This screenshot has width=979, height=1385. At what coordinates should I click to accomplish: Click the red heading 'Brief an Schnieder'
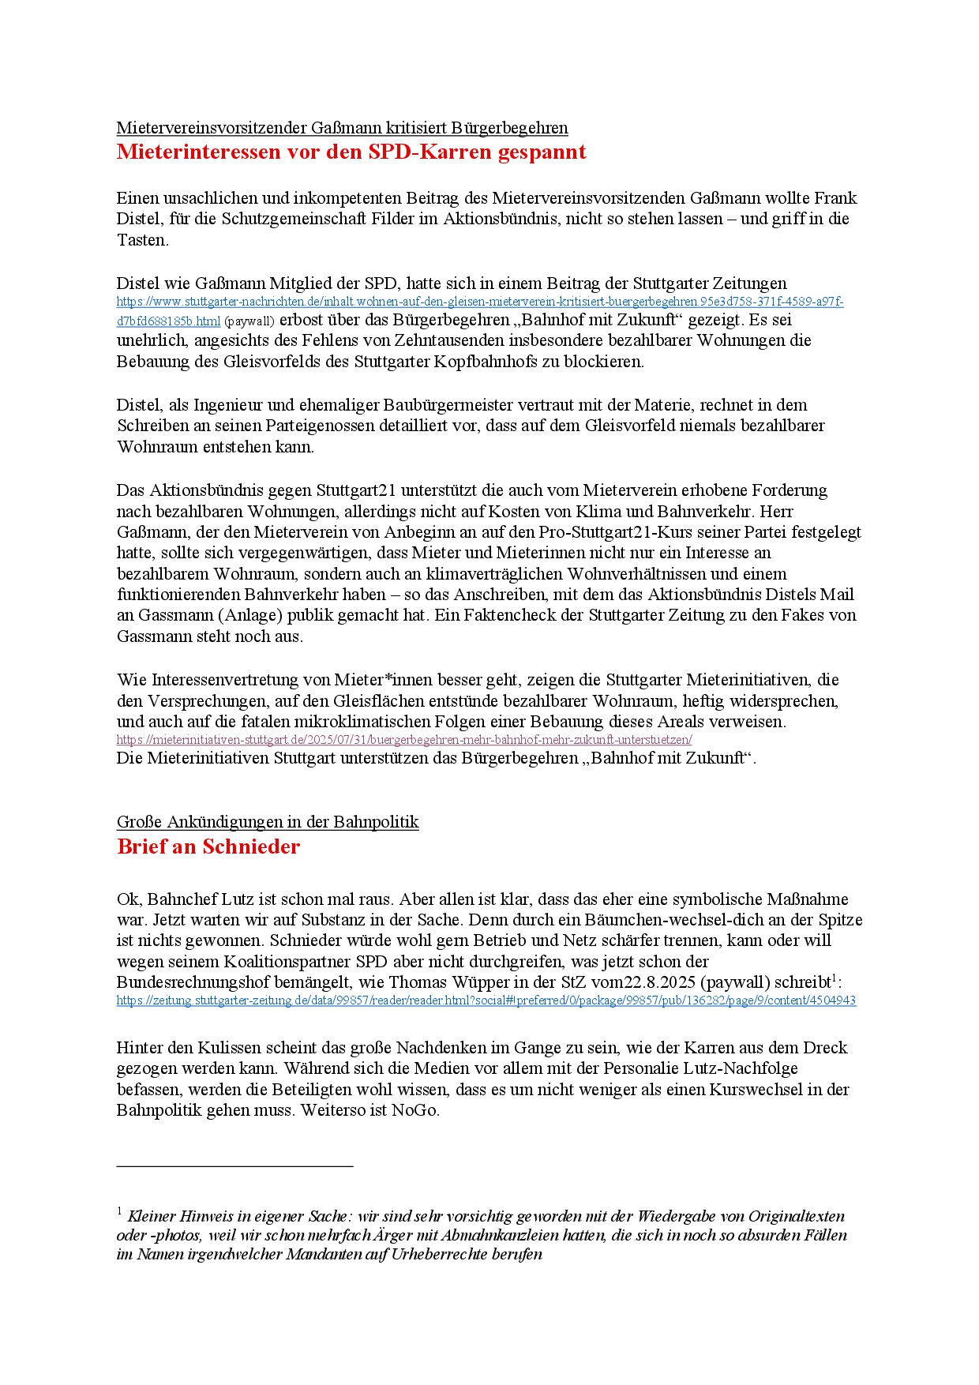[208, 846]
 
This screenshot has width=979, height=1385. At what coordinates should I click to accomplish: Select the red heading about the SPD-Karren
[351, 152]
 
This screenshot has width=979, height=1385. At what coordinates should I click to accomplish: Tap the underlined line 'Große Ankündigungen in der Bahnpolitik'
[268, 822]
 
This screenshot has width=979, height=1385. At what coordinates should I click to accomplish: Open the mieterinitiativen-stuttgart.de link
[404, 740]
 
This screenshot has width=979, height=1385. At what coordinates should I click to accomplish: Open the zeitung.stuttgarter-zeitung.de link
[486, 1000]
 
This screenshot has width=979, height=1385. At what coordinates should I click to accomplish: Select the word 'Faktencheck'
[489, 615]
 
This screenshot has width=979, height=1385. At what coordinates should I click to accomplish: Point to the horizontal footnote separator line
[234, 1165]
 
